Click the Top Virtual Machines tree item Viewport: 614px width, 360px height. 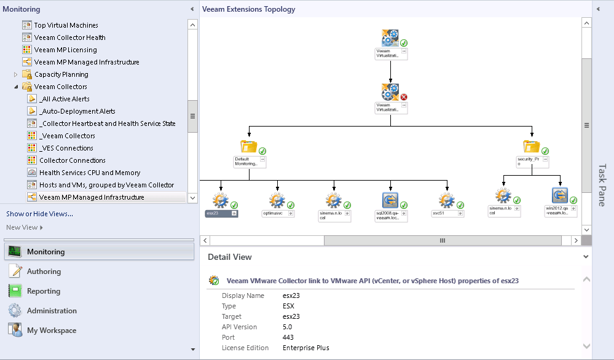pyautogui.click(x=66, y=25)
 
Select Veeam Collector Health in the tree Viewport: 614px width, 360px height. pyautogui.click(x=69, y=37)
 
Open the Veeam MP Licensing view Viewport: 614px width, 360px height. pyautogui.click(x=65, y=50)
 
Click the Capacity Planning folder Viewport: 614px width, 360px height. pyautogui.click(x=61, y=74)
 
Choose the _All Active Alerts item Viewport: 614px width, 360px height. pyautogui.click(x=64, y=99)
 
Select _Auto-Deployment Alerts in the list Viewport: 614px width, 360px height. pyautogui.click(x=77, y=111)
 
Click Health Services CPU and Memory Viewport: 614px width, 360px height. pyautogui.click(x=89, y=173)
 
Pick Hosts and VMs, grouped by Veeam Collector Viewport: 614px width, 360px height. pyautogui.click(x=106, y=185)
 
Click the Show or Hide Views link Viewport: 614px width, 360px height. pyautogui.click(x=39, y=214)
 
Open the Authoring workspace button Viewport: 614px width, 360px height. pyautogui.click(x=44, y=272)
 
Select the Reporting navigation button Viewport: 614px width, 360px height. pyautogui.click(x=44, y=291)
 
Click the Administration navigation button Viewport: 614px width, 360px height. pyautogui.click(x=52, y=311)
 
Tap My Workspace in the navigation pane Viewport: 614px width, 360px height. pyautogui.click(x=52, y=331)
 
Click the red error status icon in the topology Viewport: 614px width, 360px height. pyautogui.click(x=404, y=97)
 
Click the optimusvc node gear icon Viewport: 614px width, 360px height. pyautogui.click(x=277, y=200)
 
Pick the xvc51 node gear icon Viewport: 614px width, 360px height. pyautogui.click(x=446, y=200)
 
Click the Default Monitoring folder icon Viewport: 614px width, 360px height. pyautogui.click(x=249, y=147)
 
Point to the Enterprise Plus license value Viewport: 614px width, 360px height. pyautogui.click(x=306, y=348)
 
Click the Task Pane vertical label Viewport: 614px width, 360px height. pyautogui.click(x=602, y=184)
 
